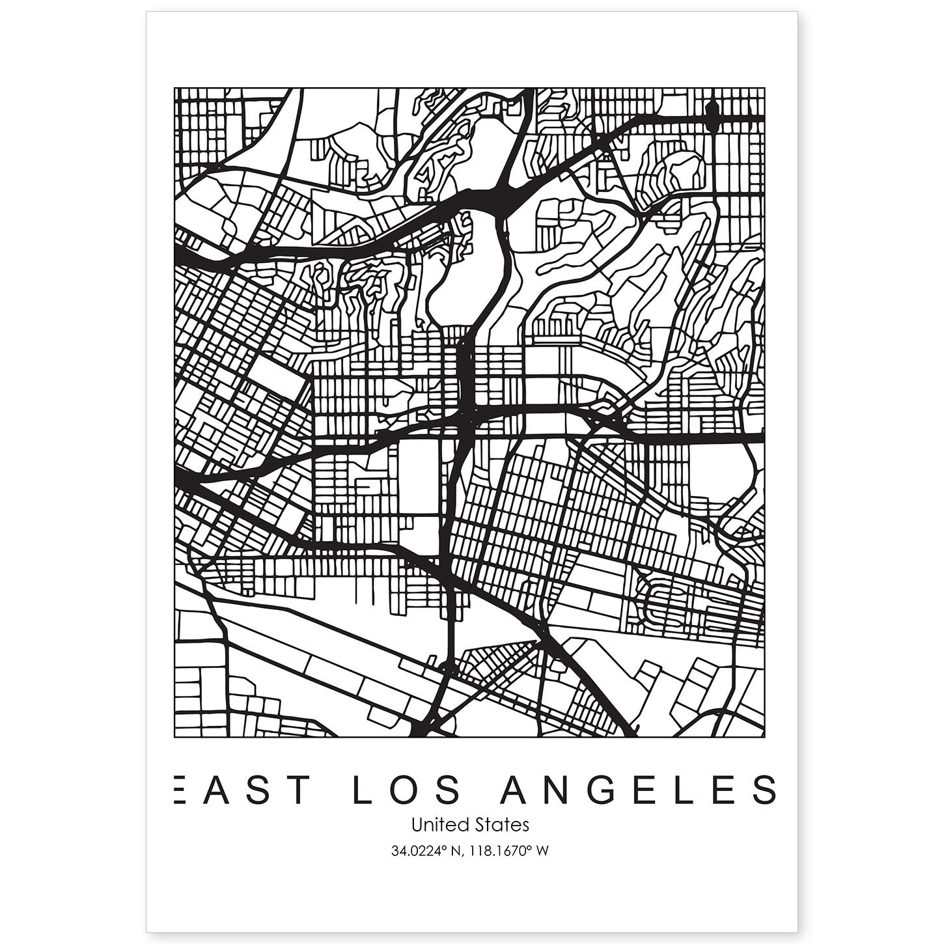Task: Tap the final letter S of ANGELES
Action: pos(766,790)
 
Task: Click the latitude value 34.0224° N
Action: pos(424,850)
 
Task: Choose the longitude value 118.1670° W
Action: pos(507,850)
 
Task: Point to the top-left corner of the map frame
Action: pos(174,89)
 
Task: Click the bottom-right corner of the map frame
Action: pos(764,737)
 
